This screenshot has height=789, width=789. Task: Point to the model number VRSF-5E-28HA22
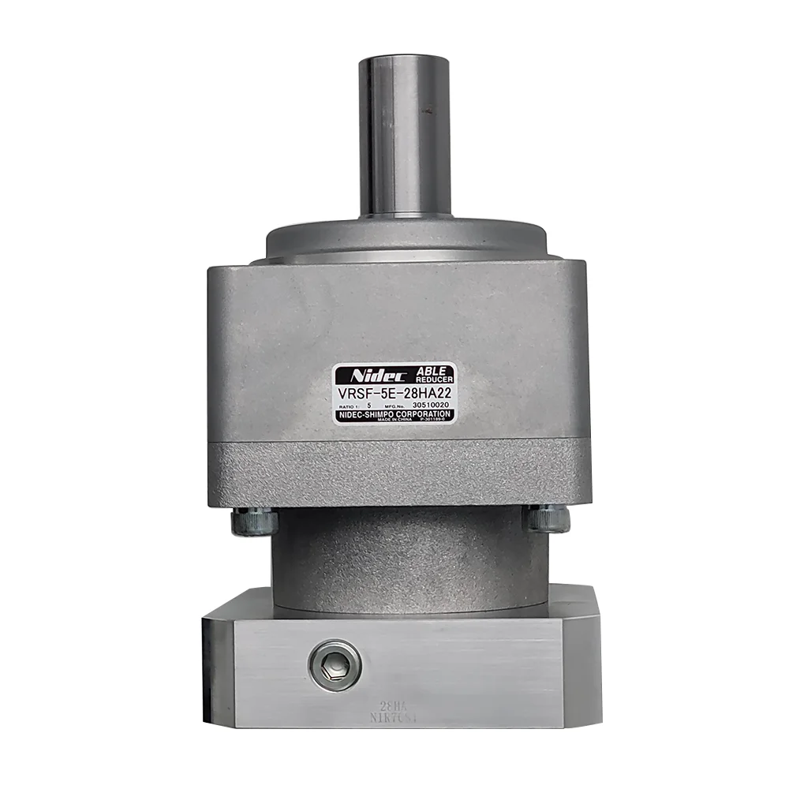[394, 392]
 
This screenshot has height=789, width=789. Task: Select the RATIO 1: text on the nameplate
[346, 405]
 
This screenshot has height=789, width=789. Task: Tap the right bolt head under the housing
[546, 518]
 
